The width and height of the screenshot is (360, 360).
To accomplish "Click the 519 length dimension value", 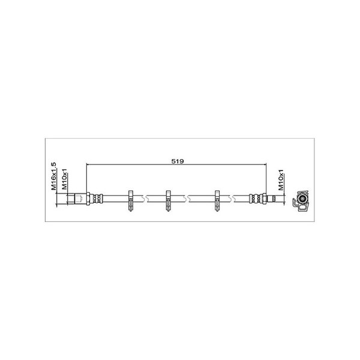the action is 178,161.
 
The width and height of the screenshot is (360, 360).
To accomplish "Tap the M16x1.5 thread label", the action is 53,176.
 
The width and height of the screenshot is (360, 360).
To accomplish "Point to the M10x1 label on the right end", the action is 281,180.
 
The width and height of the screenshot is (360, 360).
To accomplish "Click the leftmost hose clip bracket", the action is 131,200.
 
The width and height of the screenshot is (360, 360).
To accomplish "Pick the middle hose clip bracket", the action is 168,200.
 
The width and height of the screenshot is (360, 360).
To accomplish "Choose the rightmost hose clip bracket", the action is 217,200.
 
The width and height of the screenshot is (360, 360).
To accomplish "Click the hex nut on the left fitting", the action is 88,199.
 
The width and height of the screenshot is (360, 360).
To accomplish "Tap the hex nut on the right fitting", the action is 264,199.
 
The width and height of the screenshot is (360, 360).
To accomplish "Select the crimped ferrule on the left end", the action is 96,199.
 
